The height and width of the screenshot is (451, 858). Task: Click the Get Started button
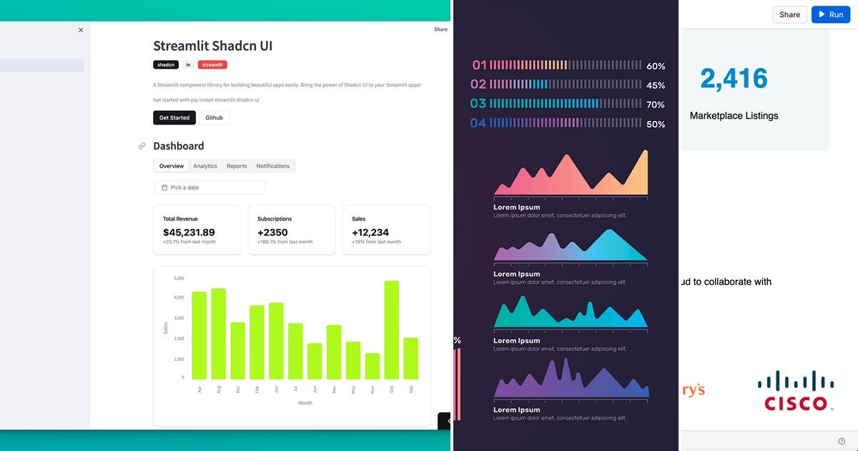[x=174, y=117]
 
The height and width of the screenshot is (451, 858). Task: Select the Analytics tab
[x=205, y=166]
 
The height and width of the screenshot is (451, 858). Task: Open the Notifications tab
[x=273, y=166]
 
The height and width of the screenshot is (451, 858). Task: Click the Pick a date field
[x=209, y=188]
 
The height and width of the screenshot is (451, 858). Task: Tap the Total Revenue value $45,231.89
[x=189, y=233]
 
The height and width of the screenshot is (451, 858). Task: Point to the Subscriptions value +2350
[x=272, y=233]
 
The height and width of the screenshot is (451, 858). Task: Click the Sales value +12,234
[x=370, y=233]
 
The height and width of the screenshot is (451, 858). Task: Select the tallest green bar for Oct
[x=391, y=329]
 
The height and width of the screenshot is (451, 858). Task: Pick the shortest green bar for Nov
[x=372, y=366]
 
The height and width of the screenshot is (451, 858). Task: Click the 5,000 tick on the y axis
[x=179, y=278]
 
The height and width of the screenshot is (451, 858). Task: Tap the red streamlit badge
[x=212, y=64]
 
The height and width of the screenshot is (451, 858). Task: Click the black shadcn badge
[x=166, y=64]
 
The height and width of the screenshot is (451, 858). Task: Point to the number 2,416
[x=734, y=79]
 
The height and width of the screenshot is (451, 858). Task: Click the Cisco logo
[x=795, y=392]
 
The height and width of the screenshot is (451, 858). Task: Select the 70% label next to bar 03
[x=656, y=105]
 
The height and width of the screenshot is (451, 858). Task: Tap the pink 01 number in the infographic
[x=479, y=66]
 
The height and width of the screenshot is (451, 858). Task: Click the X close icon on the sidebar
[x=81, y=30]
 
